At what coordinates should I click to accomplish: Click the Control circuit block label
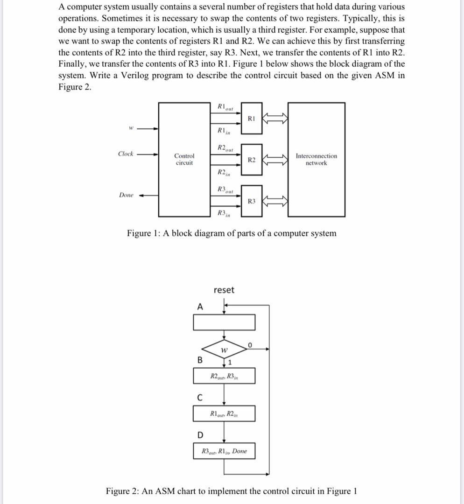pos(184,159)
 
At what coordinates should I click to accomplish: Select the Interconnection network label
pos(316,159)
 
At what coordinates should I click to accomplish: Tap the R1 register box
pos(251,119)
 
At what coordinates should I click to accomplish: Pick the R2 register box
pos(252,160)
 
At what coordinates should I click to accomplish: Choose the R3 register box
pos(252,201)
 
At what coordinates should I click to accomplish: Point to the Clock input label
pos(126,154)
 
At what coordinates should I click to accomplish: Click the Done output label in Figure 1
pos(126,195)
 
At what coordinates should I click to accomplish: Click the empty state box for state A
pos(224,322)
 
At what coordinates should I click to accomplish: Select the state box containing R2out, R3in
pos(224,376)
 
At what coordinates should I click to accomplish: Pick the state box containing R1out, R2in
pos(224,413)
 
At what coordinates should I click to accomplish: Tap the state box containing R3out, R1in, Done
pos(224,451)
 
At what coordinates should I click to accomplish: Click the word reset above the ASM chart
pos(224,290)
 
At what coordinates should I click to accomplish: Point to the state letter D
pos(200,435)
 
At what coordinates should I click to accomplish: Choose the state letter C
pos(200,398)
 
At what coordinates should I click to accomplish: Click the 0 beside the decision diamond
pos(250,345)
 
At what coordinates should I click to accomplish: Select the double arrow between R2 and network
pos(275,160)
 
